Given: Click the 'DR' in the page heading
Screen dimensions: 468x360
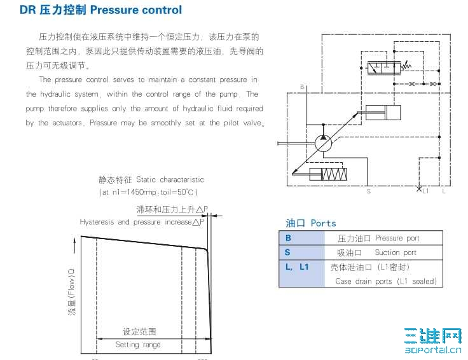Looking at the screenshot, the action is (28, 10).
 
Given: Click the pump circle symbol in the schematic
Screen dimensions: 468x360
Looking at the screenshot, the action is (323, 143).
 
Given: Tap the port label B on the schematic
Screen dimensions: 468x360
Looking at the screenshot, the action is (302, 87).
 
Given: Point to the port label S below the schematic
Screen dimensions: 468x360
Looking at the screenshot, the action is (369, 191).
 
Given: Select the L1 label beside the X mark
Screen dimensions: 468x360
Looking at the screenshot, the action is (425, 191).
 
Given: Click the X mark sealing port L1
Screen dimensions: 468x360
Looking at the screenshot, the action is (419, 189).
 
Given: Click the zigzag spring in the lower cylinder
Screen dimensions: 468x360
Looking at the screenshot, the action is (334, 174).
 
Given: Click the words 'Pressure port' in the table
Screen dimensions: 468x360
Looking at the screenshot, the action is (397, 239).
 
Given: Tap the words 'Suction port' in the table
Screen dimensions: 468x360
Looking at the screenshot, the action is (396, 253).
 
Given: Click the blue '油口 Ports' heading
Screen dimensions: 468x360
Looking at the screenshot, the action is (311, 223).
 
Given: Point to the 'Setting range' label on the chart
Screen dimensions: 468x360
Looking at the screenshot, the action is (138, 345).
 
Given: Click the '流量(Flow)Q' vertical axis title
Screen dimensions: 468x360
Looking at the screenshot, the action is (72, 292).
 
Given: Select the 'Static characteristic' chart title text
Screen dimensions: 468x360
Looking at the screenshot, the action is (170, 180).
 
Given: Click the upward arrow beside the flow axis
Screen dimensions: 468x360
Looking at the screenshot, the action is (74, 245).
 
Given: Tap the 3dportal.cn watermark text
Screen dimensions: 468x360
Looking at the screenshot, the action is (433, 350).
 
